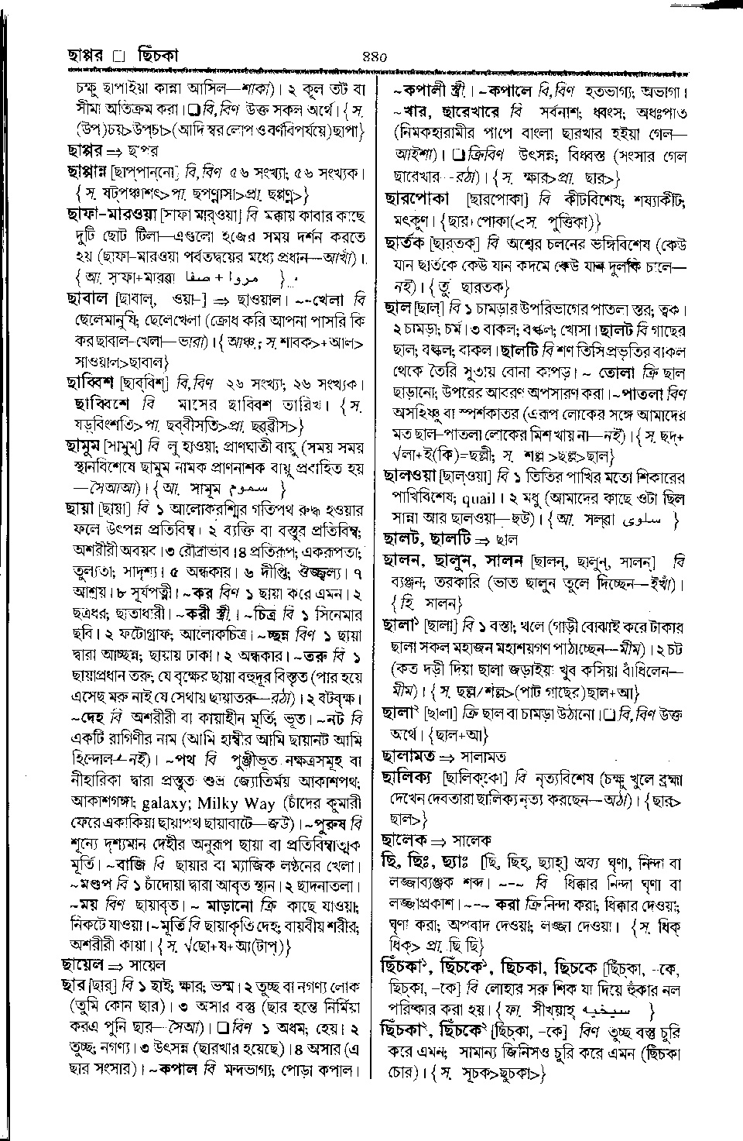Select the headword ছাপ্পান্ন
coord(88,171)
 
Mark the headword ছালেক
coord(405,840)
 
